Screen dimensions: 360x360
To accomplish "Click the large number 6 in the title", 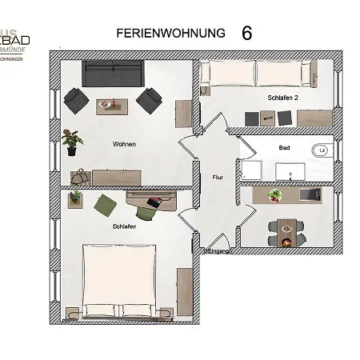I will point(246,33).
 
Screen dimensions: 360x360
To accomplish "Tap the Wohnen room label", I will point(124,144).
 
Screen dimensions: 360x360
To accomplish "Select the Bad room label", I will point(283,148).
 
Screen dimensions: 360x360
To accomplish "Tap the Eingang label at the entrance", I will point(218,251).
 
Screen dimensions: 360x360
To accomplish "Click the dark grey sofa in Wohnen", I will point(112,75).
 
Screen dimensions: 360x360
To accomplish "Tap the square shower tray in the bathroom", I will point(251,170).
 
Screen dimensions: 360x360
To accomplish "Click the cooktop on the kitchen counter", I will point(309,195).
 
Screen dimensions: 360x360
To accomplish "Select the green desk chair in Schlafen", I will point(148,210).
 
